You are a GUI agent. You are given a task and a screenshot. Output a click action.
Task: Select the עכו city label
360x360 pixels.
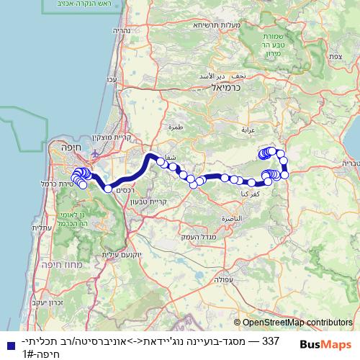tap(111, 79)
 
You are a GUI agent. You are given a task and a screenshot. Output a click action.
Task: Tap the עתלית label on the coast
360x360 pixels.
tap(42, 228)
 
